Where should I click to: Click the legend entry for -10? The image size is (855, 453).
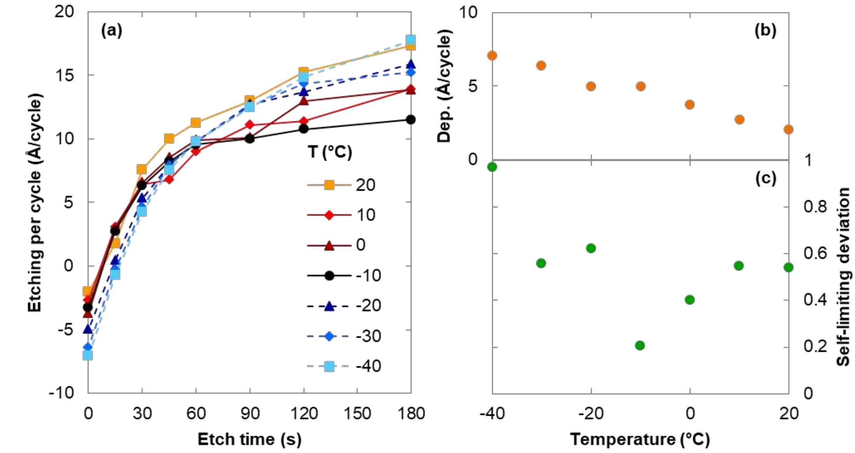click(x=343, y=275)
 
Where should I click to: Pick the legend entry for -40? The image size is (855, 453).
click(x=343, y=366)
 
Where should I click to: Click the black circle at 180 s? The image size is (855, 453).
click(x=411, y=120)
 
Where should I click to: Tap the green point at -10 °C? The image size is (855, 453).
click(x=640, y=345)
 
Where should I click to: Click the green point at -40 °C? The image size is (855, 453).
click(x=492, y=167)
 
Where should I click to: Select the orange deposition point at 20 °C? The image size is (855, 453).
click(x=788, y=129)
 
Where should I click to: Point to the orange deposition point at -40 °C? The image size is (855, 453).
click(x=492, y=56)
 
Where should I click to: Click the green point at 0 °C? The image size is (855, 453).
click(x=690, y=299)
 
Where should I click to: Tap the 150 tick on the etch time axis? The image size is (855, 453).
click(x=357, y=413)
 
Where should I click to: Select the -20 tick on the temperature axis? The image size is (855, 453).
click(x=591, y=413)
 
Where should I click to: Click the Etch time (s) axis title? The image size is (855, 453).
click(x=249, y=439)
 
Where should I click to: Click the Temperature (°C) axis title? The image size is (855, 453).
click(x=640, y=439)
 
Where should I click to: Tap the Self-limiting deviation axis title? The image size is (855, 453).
click(x=843, y=276)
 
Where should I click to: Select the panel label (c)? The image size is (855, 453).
click(x=765, y=178)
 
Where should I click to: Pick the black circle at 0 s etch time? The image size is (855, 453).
click(x=88, y=308)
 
